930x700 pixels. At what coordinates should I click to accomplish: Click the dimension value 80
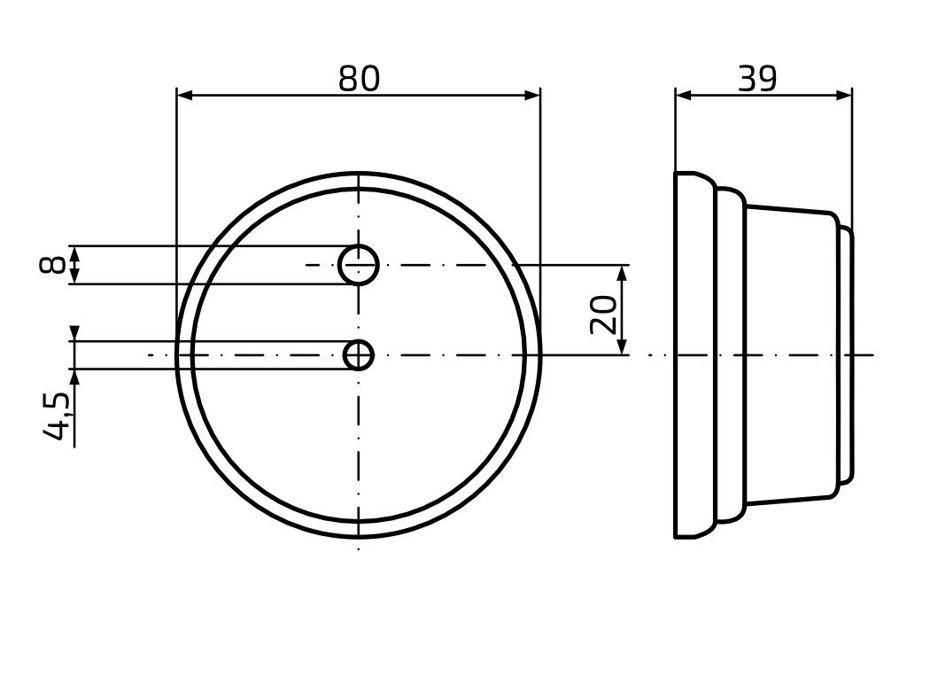coord(359,78)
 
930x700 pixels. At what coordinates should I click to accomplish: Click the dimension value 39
coord(757,78)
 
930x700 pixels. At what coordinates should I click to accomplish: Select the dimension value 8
coord(51,265)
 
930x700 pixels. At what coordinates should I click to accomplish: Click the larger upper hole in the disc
coord(359,265)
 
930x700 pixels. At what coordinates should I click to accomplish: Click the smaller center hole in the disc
coord(359,355)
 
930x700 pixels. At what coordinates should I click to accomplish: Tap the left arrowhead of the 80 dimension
coord(185,96)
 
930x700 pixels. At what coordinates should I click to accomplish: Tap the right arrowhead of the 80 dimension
coord(532,96)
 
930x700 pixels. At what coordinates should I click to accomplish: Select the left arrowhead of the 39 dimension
coord(684,96)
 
